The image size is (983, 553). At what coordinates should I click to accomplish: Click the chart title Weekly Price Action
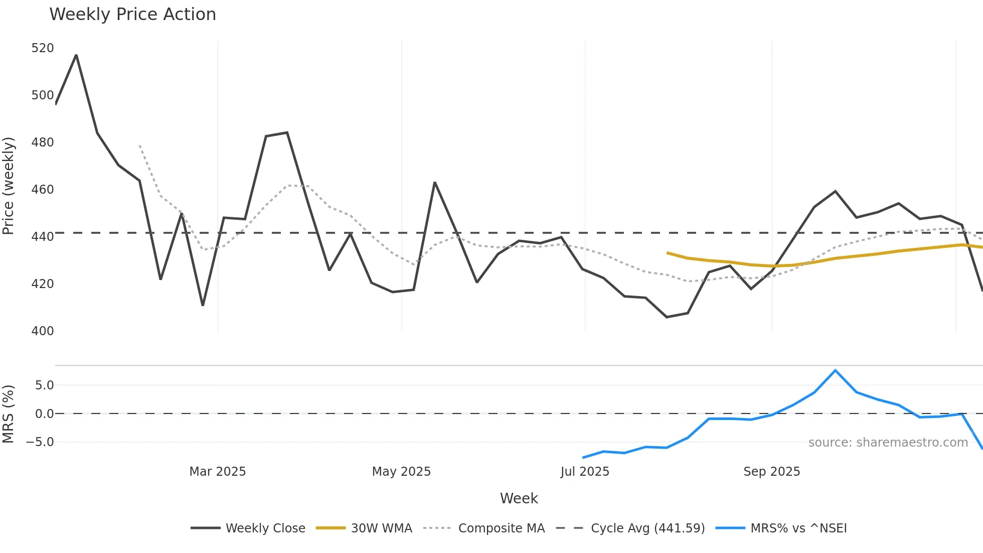click(x=132, y=15)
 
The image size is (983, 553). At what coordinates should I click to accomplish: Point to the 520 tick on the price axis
click(x=42, y=48)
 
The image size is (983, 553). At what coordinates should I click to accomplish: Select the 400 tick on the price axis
click(x=42, y=331)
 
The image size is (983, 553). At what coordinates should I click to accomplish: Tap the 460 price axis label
click(x=42, y=190)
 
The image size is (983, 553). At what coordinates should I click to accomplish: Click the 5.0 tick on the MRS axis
click(x=44, y=385)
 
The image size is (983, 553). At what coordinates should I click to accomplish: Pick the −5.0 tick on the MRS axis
click(x=40, y=442)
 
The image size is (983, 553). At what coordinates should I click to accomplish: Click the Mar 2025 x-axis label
click(x=217, y=472)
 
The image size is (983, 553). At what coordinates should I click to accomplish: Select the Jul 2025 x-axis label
click(x=585, y=472)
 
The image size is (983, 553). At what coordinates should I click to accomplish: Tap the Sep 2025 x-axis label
click(x=771, y=472)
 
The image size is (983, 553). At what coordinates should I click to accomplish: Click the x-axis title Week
click(x=519, y=498)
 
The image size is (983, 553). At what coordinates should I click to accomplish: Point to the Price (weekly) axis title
click(x=9, y=186)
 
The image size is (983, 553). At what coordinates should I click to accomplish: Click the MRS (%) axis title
click(x=9, y=414)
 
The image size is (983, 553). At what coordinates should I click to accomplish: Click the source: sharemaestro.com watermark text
click(x=888, y=443)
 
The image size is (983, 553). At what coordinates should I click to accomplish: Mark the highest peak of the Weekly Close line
click(x=76, y=55)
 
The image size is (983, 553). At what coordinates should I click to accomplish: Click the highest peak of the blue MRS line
click(x=835, y=370)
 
